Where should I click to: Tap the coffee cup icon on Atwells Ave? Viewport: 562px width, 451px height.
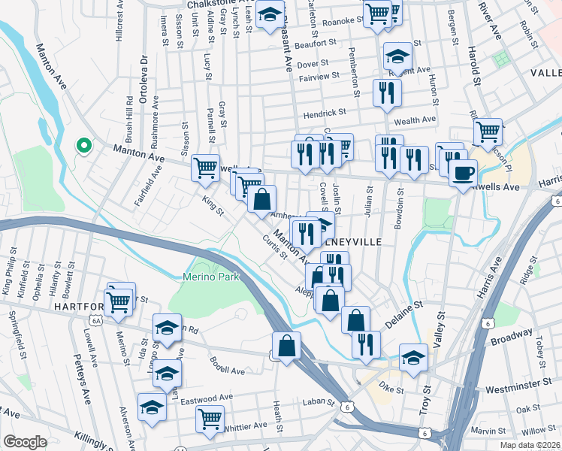tap(462, 172)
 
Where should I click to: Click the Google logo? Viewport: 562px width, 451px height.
tap(25, 442)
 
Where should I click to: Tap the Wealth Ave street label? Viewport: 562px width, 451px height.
tap(414, 120)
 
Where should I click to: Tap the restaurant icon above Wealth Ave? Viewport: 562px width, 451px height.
tap(386, 92)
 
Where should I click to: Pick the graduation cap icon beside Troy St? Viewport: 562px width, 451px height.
tap(412, 358)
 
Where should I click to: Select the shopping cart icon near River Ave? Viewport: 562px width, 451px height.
tap(488, 132)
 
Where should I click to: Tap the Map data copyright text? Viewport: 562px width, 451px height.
tap(529, 444)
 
